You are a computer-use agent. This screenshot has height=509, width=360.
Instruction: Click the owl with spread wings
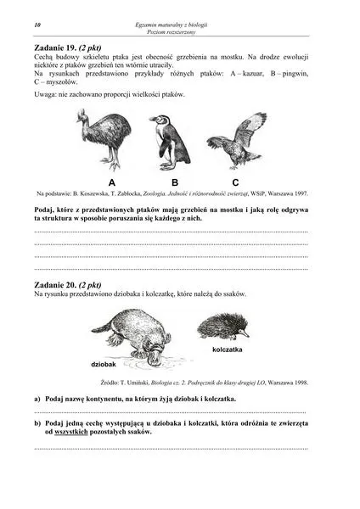237,138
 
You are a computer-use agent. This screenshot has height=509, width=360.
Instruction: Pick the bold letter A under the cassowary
112,182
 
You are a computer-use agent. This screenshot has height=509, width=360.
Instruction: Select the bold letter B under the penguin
174,182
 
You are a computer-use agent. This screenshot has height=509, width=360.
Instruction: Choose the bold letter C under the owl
235,182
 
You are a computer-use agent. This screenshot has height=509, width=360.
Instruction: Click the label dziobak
104,363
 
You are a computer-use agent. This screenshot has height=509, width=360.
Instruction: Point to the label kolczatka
228,350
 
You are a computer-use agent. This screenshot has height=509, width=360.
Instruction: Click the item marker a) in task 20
37,398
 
